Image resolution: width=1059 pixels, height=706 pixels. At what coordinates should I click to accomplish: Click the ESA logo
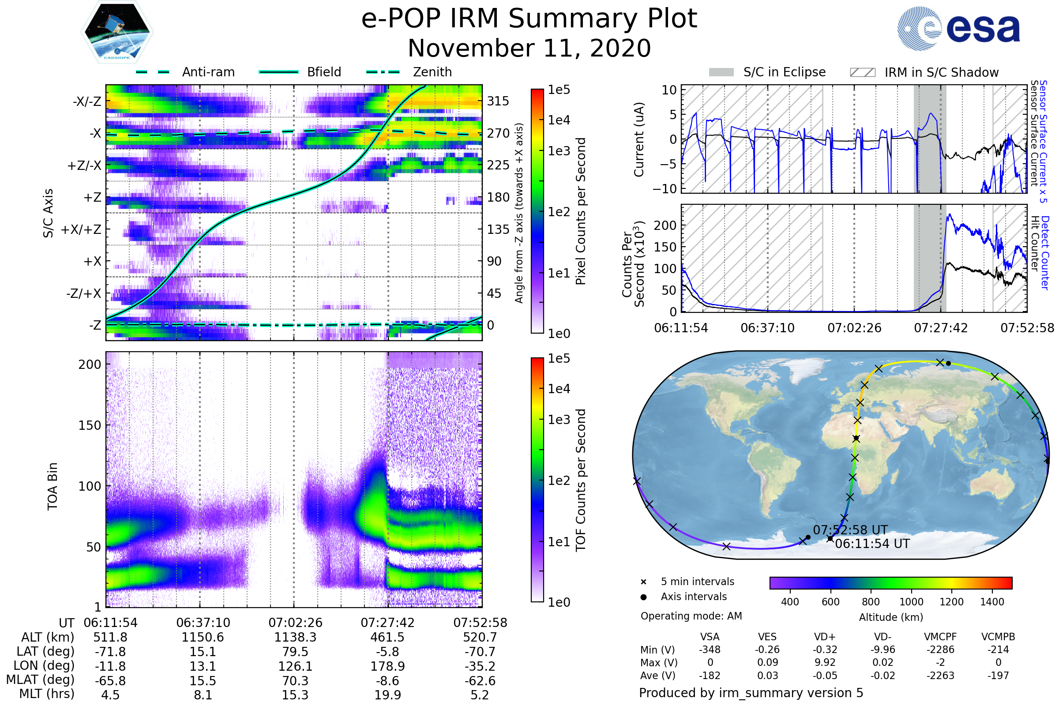tap(958, 28)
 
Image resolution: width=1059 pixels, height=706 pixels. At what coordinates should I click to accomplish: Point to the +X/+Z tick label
tap(81, 229)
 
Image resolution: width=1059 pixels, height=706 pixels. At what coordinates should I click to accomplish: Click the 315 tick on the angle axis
tap(498, 101)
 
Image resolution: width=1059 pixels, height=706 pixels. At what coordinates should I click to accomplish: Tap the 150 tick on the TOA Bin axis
tap(90, 425)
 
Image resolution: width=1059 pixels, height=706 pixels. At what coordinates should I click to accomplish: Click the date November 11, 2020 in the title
tap(529, 48)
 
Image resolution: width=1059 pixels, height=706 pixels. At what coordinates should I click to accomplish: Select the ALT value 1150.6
tap(203, 637)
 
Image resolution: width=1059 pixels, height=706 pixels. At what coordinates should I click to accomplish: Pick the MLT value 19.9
tap(387, 695)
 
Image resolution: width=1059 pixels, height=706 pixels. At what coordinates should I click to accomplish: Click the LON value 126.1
tap(295, 666)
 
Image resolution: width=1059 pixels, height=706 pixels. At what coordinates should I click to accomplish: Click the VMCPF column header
tap(940, 637)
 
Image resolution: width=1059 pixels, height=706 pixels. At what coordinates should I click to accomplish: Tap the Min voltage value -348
tap(710, 650)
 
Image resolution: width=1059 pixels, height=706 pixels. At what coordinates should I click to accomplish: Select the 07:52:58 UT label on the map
tap(850, 530)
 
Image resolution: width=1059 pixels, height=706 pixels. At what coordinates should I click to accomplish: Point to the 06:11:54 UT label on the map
tap(872, 544)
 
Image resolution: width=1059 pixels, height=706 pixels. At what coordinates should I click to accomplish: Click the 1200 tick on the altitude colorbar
tap(951, 602)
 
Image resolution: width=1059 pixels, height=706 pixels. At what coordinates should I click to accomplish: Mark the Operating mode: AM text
tap(691, 616)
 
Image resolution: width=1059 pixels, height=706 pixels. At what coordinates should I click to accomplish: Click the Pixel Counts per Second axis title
tap(581, 211)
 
